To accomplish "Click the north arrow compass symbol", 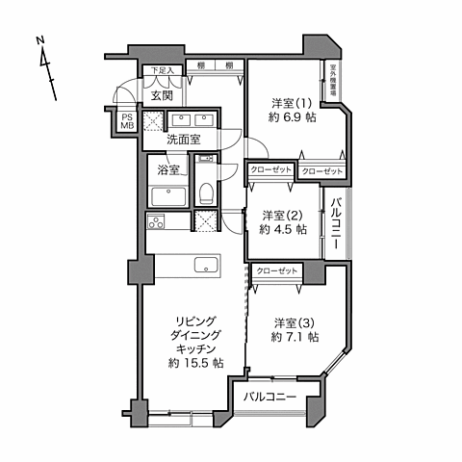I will [x=44, y=65].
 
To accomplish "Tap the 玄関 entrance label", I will [x=161, y=94].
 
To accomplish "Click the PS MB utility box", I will [x=128, y=121].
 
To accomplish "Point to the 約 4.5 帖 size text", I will [x=283, y=230].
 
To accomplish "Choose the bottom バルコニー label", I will [x=269, y=397].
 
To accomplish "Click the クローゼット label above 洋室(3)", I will [x=276, y=272].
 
